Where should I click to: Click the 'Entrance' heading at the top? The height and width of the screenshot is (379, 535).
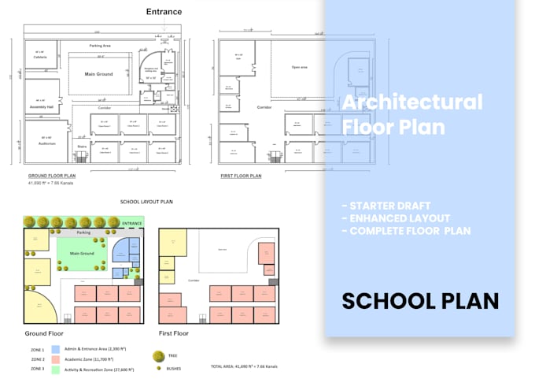coord(164,12)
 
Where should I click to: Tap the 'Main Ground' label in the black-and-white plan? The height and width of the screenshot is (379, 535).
coord(99,74)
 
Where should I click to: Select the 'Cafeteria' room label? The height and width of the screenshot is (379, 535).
coord(40,58)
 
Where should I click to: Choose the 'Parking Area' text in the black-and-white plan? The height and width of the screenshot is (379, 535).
coord(99,46)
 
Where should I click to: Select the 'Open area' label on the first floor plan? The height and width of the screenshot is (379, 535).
coord(299,67)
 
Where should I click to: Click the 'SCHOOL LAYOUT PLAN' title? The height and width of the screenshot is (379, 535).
coord(146,202)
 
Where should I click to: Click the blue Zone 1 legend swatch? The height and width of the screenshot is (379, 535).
coord(56,348)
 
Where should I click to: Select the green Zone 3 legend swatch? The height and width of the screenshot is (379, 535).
coord(56,369)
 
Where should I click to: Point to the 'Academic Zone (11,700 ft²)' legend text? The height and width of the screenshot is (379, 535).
coord(97,359)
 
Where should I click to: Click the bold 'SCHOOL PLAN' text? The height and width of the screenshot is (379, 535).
coord(419,301)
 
